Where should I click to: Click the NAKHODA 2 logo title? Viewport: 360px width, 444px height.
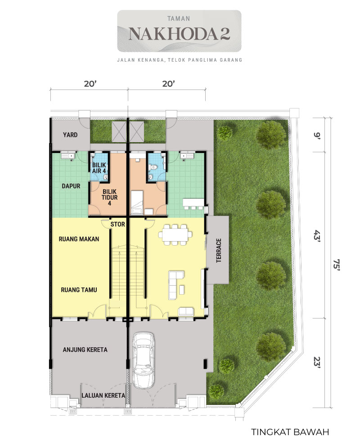179,34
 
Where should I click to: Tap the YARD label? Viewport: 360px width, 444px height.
70,135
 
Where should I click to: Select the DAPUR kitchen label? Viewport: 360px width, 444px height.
71,186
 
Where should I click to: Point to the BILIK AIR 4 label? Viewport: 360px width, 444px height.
99,168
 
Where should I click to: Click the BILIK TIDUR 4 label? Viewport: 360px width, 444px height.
110,197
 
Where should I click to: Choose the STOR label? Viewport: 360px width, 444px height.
117,224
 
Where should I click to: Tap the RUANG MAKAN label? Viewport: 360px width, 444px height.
79,239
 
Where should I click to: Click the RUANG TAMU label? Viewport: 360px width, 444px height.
79,290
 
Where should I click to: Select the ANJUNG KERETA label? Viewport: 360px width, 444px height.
85,350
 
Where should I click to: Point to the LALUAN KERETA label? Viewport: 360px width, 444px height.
103,395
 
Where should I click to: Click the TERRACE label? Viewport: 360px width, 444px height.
219,250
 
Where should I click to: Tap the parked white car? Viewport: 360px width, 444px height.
144,360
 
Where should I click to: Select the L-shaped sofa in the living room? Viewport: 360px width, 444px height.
176,285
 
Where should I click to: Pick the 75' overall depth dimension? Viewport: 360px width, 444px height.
336,265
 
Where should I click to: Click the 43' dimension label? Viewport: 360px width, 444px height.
317,235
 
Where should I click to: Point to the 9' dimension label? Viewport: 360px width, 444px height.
317,135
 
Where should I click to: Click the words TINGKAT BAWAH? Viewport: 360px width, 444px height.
290,432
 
